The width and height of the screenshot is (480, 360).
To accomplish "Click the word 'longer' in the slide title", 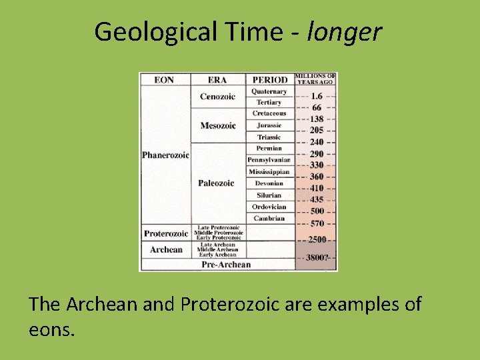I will [344, 32].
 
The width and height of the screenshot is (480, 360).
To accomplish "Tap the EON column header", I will [164, 80].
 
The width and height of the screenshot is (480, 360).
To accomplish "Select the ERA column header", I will [218, 80].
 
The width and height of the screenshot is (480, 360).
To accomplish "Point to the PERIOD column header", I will [270, 80].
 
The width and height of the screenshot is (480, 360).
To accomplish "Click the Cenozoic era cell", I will [217, 97].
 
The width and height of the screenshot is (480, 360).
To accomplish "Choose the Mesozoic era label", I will [217, 126].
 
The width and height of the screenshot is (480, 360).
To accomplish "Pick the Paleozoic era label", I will [216, 183].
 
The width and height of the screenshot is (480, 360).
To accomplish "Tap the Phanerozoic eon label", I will [165, 155].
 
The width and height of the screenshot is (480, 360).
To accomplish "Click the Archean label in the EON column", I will [166, 249].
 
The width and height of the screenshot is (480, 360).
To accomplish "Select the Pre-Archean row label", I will [227, 265].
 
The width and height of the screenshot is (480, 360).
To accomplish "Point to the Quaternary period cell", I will [269, 91].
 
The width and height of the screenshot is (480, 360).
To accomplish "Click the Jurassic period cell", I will [269, 125].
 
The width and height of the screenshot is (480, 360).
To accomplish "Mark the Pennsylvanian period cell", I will [269, 160].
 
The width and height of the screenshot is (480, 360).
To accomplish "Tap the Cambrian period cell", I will [269, 218].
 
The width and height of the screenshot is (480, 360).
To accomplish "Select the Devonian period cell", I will [269, 183].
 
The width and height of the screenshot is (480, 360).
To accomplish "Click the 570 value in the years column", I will [316, 223].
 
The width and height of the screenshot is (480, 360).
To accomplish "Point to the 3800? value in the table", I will [317, 257].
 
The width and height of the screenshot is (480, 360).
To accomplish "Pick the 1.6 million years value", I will [317, 96].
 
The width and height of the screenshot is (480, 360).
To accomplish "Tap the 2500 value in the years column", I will [317, 239].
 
